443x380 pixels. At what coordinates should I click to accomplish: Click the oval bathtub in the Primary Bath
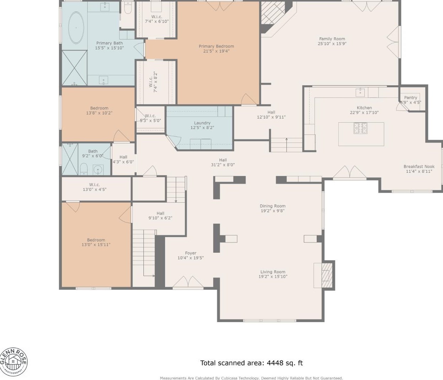[x=76, y=28]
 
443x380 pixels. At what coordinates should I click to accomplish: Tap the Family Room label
[x=332, y=39]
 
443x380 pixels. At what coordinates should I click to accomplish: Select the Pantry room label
[x=410, y=98]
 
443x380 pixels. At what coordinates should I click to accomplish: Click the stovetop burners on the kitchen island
[x=360, y=128]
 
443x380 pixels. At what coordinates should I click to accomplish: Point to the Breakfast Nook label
[x=419, y=166]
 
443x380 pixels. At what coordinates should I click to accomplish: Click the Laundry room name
[x=202, y=123]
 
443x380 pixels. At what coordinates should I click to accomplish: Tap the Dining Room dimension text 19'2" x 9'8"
[x=273, y=211]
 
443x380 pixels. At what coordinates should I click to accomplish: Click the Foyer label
[x=190, y=253]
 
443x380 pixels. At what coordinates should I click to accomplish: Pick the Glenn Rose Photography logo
[x=14, y=362]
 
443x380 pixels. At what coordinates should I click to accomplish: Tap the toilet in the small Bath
[x=84, y=169]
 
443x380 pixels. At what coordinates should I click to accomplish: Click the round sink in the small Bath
[x=98, y=170]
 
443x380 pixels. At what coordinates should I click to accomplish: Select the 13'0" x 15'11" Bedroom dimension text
[x=96, y=245]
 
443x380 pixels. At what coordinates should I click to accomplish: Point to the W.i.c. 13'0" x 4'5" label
[x=95, y=187]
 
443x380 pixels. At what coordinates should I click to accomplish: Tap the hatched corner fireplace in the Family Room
[x=273, y=13]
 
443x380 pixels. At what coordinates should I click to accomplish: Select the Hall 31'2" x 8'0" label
[x=223, y=162]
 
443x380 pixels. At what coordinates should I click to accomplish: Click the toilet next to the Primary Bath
[x=128, y=8]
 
